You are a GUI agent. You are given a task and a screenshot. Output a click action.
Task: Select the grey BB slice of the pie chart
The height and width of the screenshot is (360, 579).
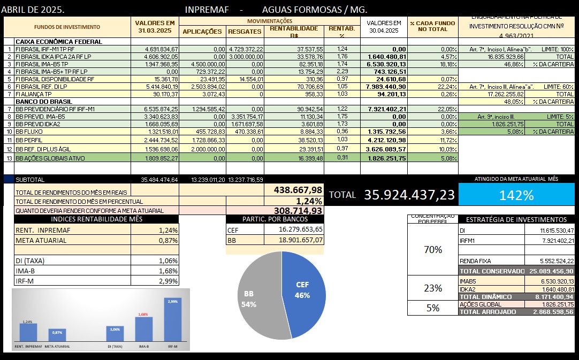pyautogui.click(x=257, y=300)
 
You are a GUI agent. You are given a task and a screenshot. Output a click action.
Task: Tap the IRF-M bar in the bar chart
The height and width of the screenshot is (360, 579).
pyautogui.click(x=172, y=326)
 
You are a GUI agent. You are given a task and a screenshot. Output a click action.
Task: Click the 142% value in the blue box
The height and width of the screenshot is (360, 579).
pyautogui.click(x=516, y=195)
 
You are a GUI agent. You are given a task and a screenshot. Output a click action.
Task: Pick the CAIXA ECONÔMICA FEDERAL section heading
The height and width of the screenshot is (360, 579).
pyautogui.click(x=59, y=41)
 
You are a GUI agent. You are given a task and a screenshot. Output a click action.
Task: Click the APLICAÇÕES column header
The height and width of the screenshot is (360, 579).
pyautogui.click(x=202, y=32)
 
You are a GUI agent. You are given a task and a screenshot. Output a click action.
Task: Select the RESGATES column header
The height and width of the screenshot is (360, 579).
pyautogui.click(x=245, y=32)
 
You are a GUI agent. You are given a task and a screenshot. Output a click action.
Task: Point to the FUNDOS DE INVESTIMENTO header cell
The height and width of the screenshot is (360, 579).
pyautogui.click(x=67, y=27)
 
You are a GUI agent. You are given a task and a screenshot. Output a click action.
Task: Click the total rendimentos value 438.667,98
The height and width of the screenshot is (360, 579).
pyautogui.click(x=298, y=190)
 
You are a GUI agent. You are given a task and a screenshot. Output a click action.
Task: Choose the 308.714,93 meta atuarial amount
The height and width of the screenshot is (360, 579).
pyautogui.click(x=298, y=211)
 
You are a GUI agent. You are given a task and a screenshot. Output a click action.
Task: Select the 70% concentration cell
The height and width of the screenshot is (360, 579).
pyautogui.click(x=432, y=250)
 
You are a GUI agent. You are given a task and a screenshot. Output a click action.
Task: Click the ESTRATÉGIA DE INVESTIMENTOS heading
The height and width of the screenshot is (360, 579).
pyautogui.click(x=516, y=219)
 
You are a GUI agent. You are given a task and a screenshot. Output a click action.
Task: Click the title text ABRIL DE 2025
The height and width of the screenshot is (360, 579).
pyautogui.click(x=33, y=10)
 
